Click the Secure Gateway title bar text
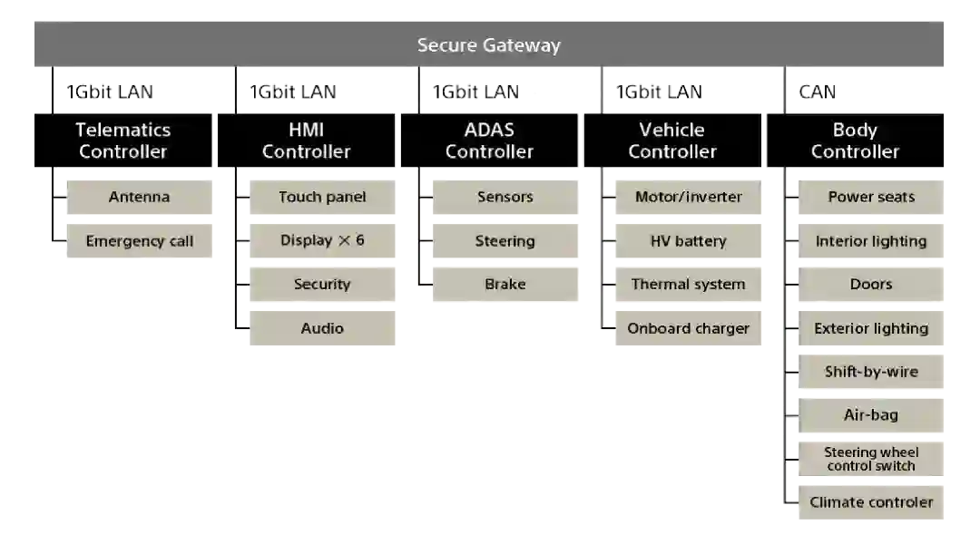pyautogui.click(x=488, y=45)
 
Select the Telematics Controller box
pyautogui.click(x=122, y=141)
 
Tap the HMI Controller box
pyautogui.click(x=306, y=141)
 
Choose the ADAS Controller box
pyautogui.click(x=489, y=141)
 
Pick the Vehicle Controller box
pyautogui.click(x=672, y=141)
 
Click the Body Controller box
pyautogui.click(x=855, y=141)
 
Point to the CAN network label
pyautogui.click(x=817, y=92)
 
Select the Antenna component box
pyautogui.click(x=139, y=197)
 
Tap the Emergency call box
pyautogui.click(x=139, y=241)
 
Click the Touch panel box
pyautogui.click(x=322, y=197)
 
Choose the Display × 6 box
pyautogui.click(x=322, y=241)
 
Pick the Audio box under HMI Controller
pyautogui.click(x=322, y=328)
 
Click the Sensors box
pyautogui.click(x=505, y=197)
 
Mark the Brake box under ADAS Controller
pyautogui.click(x=505, y=284)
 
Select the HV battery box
pyautogui.click(x=688, y=241)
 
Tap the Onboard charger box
pyautogui.click(x=688, y=328)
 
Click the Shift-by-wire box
pyautogui.click(x=871, y=372)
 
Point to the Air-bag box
pyautogui.click(x=871, y=415)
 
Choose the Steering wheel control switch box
pyautogui.click(x=871, y=459)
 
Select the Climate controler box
pyautogui.click(x=871, y=502)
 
